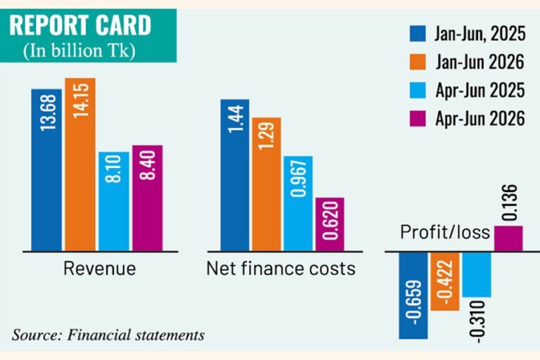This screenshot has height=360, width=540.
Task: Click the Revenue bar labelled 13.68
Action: point(46,170)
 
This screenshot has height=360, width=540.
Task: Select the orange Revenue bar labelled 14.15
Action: point(80,165)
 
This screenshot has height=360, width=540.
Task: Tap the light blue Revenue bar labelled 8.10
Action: point(114,202)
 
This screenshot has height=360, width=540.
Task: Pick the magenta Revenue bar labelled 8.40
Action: point(148,198)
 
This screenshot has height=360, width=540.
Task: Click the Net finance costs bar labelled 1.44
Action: point(235,175)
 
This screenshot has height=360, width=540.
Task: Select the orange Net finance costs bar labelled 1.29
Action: point(266,184)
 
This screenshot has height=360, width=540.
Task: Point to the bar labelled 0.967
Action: point(298,204)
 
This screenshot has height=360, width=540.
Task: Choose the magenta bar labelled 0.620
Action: point(330,224)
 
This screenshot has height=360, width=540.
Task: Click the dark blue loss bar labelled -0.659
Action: point(413,295)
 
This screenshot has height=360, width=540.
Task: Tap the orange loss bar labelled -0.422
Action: point(445,281)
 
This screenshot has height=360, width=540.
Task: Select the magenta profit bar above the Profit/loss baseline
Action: point(508,238)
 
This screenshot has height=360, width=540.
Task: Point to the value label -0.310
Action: point(478,322)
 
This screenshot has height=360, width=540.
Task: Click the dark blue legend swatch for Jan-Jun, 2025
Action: point(418,34)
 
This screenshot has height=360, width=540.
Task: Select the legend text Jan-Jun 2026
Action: point(480,62)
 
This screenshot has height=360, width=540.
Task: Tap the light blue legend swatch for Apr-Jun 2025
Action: point(418,90)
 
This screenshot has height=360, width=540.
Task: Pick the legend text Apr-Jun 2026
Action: point(480,119)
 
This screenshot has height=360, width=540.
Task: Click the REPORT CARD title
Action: point(80,25)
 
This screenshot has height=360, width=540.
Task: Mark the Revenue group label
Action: point(100,269)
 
